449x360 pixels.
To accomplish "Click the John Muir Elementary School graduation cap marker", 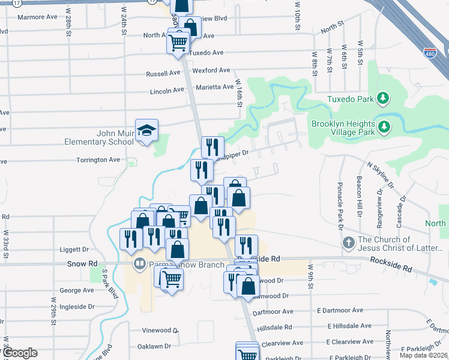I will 146,130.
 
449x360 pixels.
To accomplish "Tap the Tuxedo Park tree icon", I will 382,98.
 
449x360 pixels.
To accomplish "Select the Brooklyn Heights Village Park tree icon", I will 382,127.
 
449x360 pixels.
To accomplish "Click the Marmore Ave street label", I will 37,17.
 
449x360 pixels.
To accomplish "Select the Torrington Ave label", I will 98,160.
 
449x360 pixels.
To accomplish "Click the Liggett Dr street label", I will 74,249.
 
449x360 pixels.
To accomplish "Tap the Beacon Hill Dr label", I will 359,197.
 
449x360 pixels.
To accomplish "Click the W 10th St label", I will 297,16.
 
